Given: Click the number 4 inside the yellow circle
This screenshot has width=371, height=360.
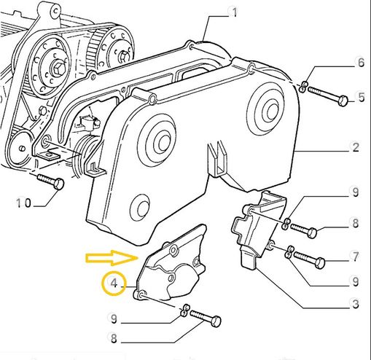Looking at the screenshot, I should tap(114, 281).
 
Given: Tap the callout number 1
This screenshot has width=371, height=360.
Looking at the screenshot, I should tap(234, 12).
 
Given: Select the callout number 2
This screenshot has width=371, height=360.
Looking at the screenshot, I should tap(356, 147).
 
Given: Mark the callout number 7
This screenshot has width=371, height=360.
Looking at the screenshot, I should tap(356, 257).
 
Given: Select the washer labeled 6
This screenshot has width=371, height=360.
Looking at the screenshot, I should tap(302, 88).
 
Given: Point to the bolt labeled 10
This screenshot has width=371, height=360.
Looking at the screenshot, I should tap(50, 181).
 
